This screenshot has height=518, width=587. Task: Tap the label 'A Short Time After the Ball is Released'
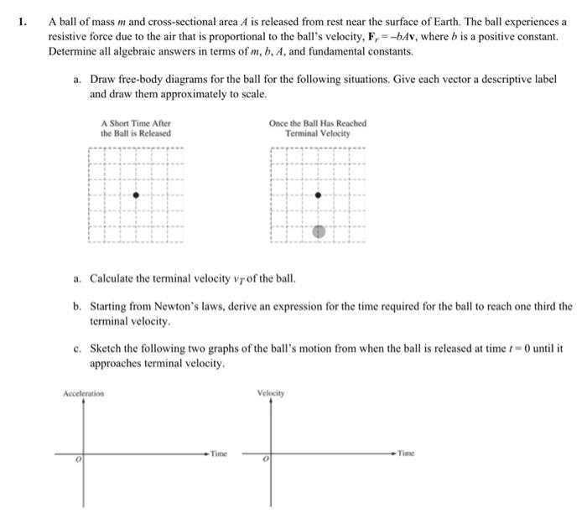click(x=136, y=128)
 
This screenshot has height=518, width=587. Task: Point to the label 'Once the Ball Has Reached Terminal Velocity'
click(x=317, y=128)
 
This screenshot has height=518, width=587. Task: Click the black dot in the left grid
click(x=137, y=194)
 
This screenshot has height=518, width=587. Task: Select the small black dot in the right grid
click(x=317, y=194)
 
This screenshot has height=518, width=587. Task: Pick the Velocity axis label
click(x=272, y=391)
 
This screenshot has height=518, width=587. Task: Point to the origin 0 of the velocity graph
click(x=264, y=460)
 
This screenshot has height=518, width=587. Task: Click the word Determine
click(x=75, y=52)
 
